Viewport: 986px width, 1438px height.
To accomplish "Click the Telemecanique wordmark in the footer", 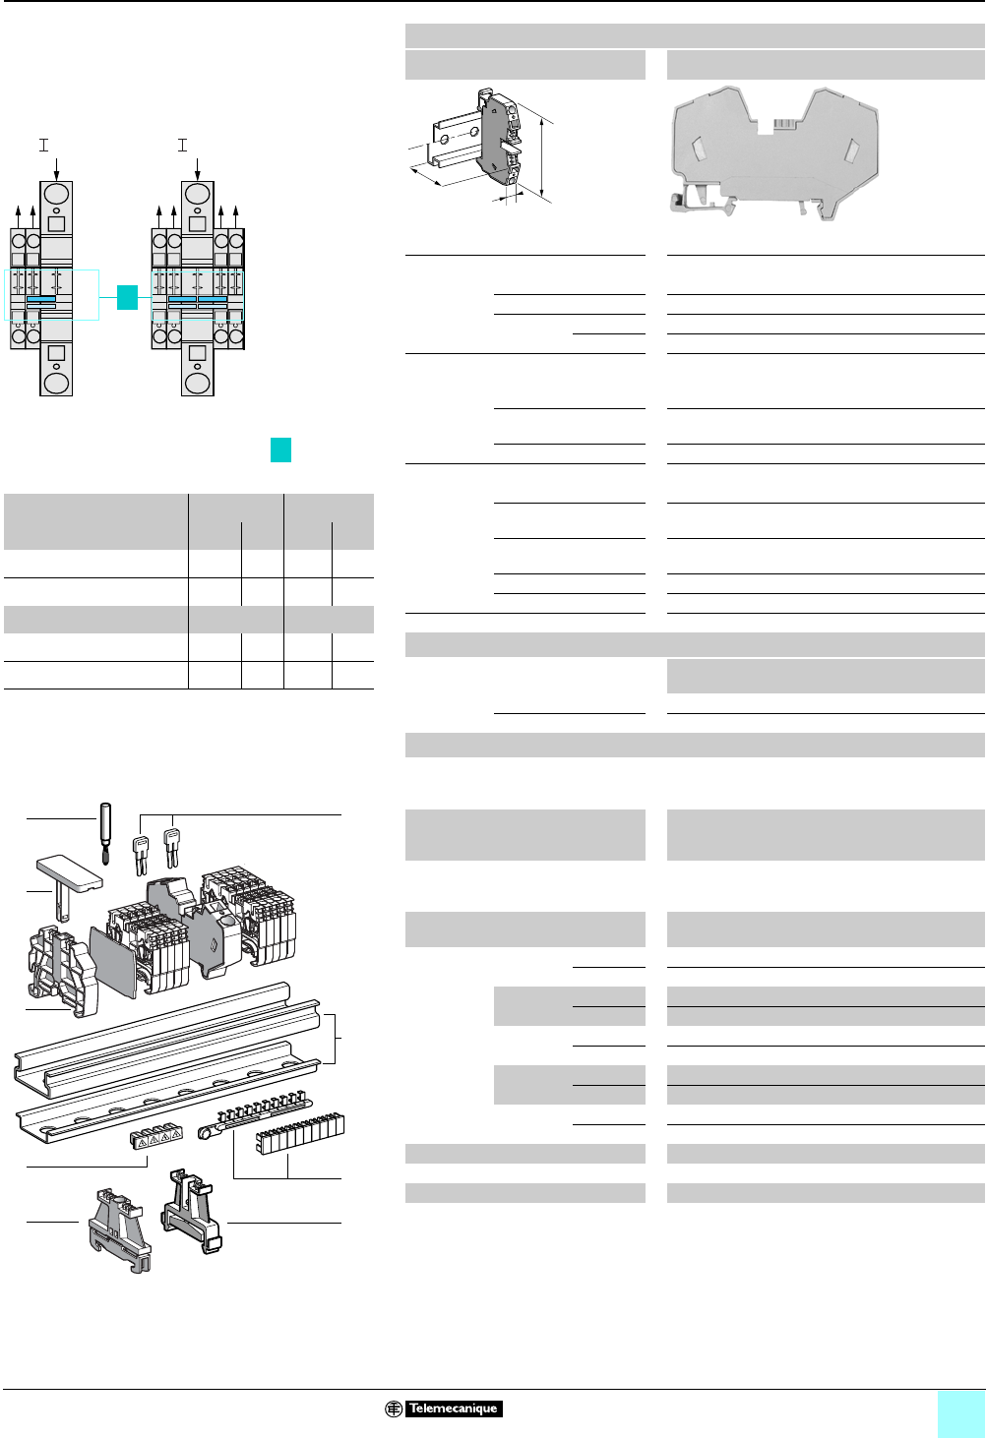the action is (x=453, y=1408).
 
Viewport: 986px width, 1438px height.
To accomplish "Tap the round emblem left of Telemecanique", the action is (x=393, y=1408).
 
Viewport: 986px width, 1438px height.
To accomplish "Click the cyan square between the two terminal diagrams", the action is (x=127, y=297).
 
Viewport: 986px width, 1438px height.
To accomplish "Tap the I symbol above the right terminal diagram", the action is (x=182, y=145).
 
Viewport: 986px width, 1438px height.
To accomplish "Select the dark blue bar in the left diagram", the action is (x=41, y=299).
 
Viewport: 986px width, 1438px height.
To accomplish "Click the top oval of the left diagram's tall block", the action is (x=57, y=193).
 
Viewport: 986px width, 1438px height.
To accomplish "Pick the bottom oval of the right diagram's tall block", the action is (x=198, y=382).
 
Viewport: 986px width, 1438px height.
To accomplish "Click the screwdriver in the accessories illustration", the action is (x=105, y=831).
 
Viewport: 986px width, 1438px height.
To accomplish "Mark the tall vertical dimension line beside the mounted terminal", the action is (x=542, y=156).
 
